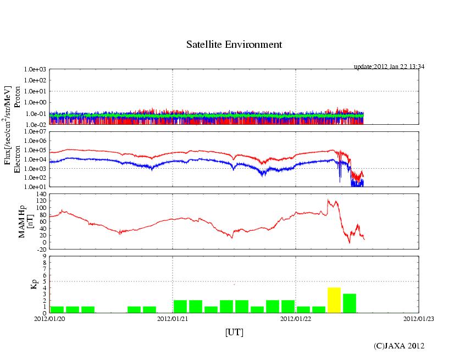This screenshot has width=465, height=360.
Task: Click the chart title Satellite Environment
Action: [x=234, y=45]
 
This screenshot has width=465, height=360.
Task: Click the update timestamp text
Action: [x=389, y=67]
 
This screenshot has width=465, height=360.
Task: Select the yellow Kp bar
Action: [x=334, y=300]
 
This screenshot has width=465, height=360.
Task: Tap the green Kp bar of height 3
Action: [x=350, y=303]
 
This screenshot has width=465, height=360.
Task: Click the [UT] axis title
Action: [x=234, y=333]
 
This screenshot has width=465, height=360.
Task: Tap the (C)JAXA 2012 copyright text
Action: [x=399, y=346]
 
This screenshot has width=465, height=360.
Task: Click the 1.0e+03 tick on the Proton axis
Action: [x=35, y=70]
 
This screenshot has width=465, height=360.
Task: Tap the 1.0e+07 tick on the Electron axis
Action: [x=35, y=132]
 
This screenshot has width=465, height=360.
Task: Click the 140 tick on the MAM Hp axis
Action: [x=40, y=194]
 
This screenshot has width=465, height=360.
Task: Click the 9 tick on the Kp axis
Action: [x=44, y=256]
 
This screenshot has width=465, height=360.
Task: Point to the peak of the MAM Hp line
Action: [x=328, y=200]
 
